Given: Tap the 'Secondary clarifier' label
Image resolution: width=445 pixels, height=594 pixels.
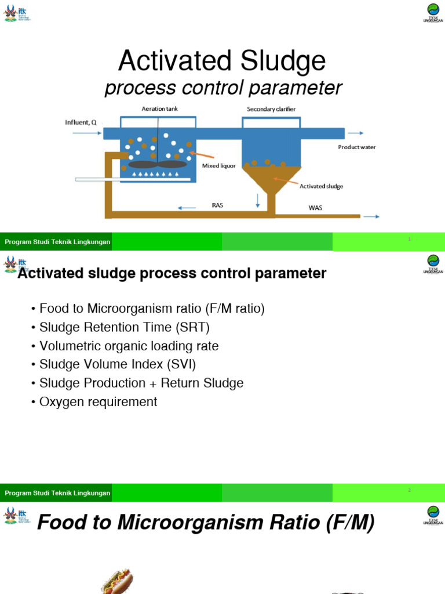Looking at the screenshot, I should tap(271, 108).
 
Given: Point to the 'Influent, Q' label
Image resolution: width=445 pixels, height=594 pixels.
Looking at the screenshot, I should tap(81, 122).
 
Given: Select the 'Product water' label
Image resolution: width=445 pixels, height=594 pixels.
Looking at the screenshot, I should tap(357, 147).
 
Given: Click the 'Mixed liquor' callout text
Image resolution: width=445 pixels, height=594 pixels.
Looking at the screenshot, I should tap(218, 166).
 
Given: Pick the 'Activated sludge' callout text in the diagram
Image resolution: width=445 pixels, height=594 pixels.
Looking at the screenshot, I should tap(321, 186).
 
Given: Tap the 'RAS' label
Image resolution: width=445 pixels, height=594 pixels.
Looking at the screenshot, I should tap(218, 205).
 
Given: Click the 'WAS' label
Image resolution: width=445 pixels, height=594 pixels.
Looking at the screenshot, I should tap(315, 208).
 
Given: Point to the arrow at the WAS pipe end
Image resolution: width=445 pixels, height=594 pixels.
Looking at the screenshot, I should tap(371, 216).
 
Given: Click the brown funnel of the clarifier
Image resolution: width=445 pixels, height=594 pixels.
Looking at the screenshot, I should tap(271, 178).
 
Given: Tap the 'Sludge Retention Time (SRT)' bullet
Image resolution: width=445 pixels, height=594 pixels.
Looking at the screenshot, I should tap(124, 327).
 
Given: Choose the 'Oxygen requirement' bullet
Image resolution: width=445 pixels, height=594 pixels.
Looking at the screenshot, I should tap(98, 401).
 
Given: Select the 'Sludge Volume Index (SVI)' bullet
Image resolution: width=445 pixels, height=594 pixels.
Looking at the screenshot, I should tap(118, 364).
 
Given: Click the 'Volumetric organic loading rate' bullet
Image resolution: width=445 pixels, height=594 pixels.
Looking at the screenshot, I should tap(129, 346).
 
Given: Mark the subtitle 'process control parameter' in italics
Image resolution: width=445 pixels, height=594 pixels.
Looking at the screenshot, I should tap(223, 88).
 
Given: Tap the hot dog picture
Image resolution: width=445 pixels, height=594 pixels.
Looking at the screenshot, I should tap(118, 582).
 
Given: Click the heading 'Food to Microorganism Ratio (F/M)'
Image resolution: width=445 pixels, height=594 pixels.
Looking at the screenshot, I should tap(206, 523).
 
